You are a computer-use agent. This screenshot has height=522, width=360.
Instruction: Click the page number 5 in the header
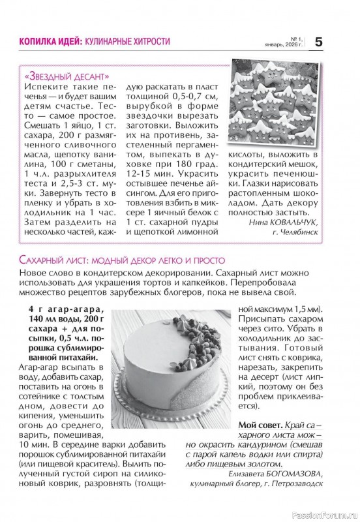pyautogui.click(x=318, y=42)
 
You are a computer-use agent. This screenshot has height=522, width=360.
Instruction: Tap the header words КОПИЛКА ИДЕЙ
pyautogui.click(x=41, y=41)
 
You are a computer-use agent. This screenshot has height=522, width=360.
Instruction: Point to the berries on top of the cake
pyautogui.click(x=195, y=326)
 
